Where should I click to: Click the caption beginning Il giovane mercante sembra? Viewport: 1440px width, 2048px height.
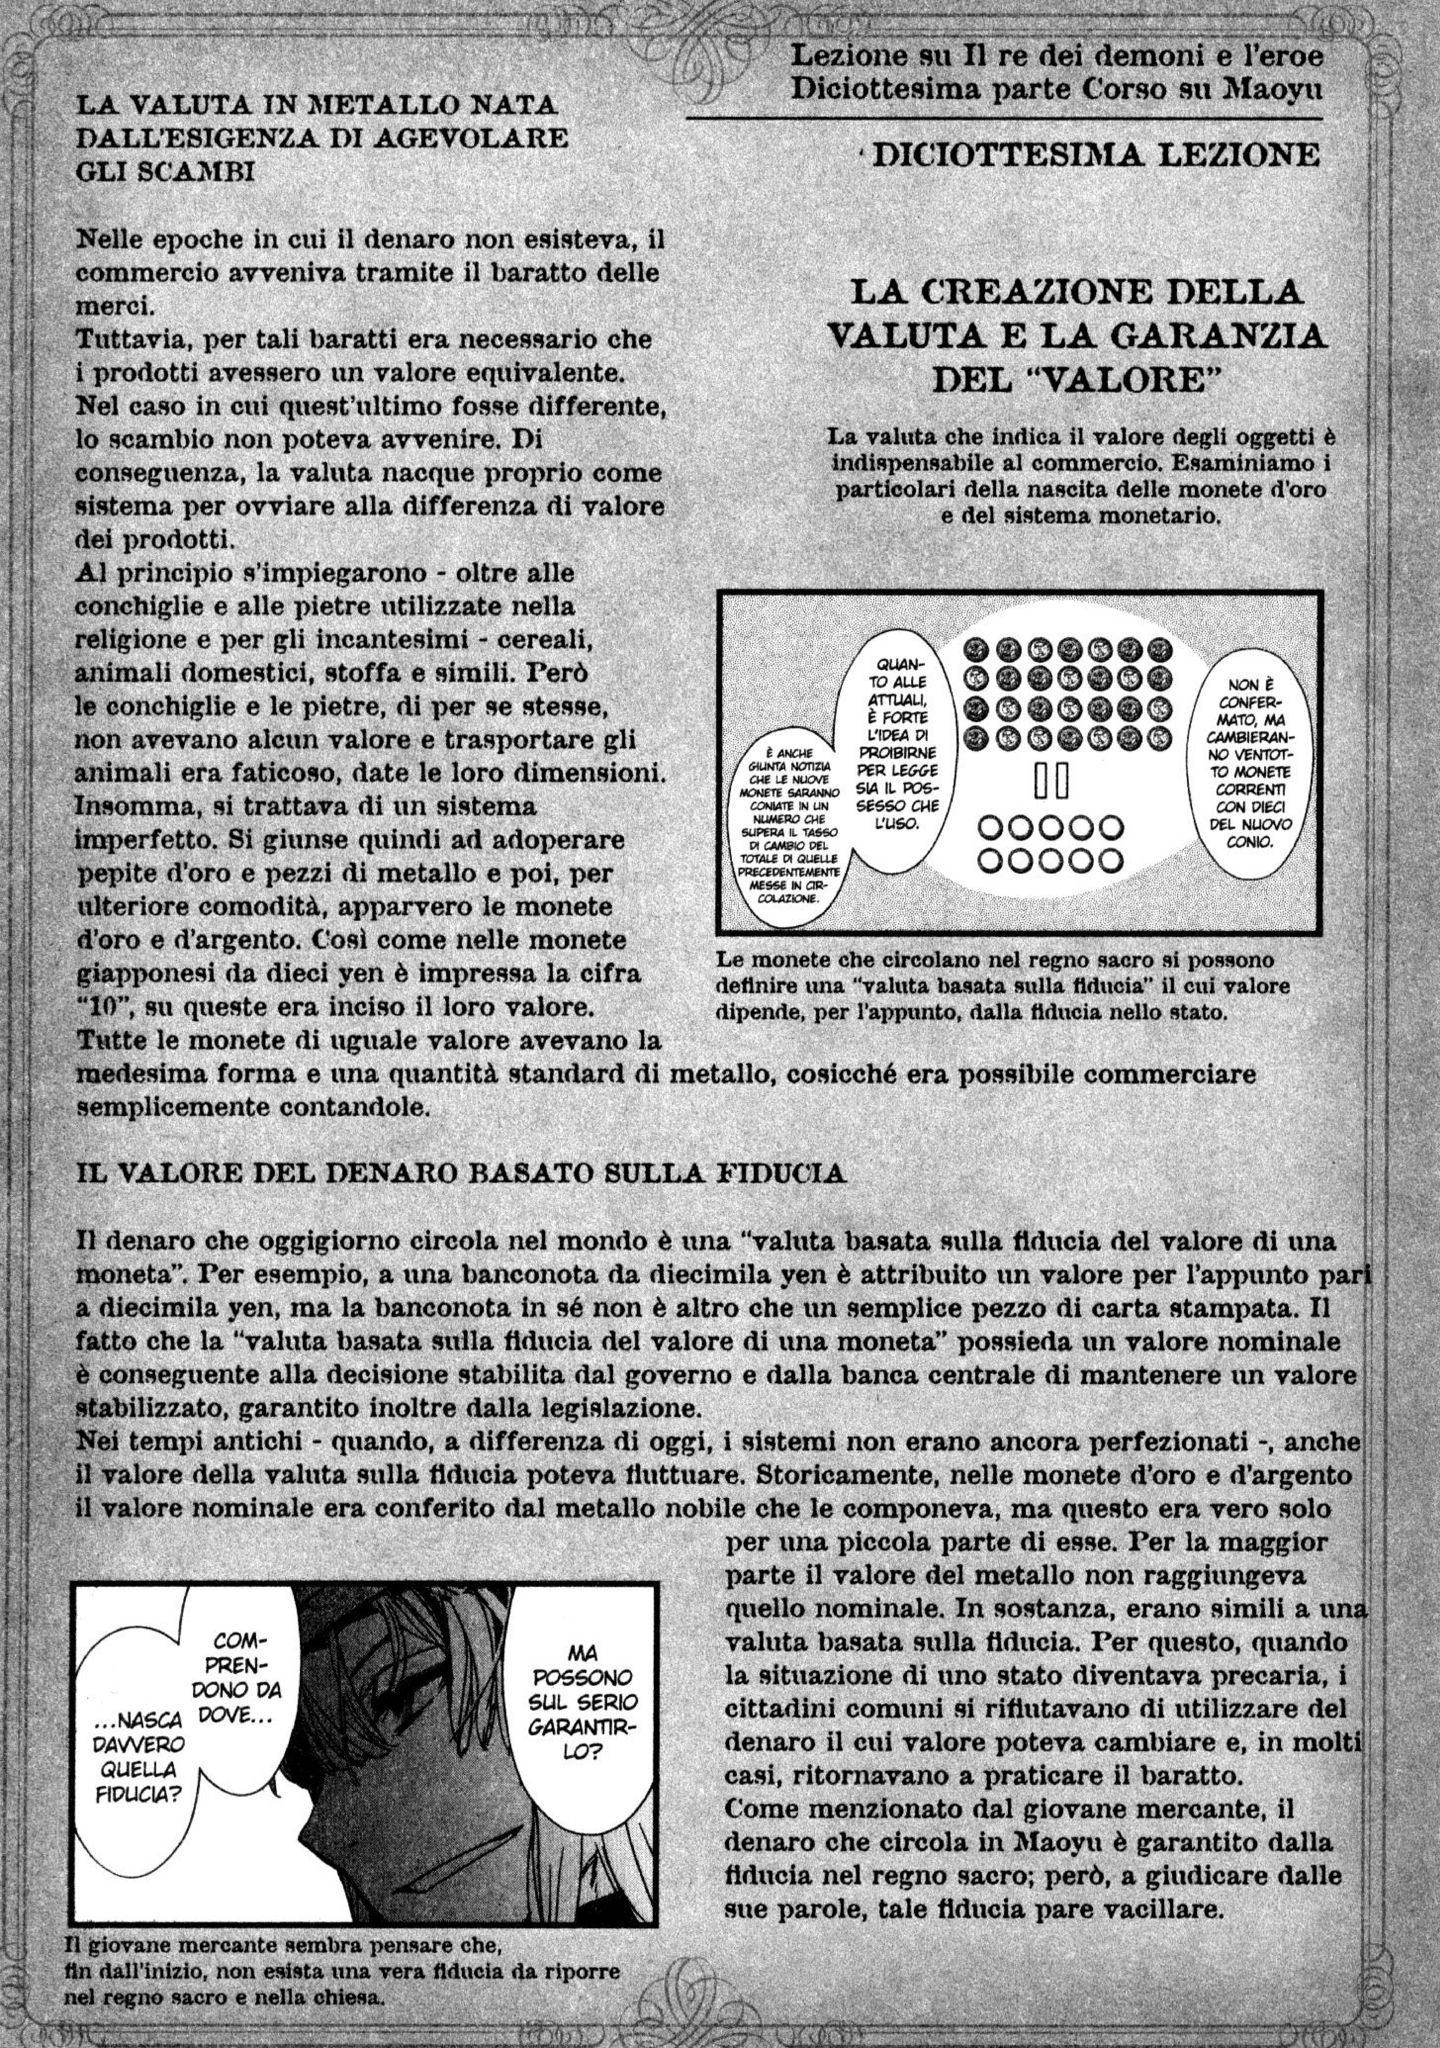(x=343, y=1990)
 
